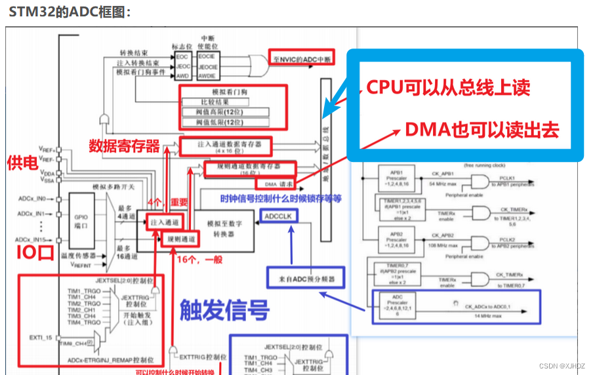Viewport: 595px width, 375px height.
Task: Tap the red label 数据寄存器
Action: [124, 146]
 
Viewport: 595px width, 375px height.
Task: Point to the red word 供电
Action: [22, 162]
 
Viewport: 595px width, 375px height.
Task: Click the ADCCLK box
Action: [280, 216]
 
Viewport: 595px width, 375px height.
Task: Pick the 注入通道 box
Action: [163, 222]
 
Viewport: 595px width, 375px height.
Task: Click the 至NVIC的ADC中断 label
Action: [301, 59]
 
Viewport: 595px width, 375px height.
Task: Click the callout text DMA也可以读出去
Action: [482, 130]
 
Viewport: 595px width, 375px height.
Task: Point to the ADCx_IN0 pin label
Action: [31, 198]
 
